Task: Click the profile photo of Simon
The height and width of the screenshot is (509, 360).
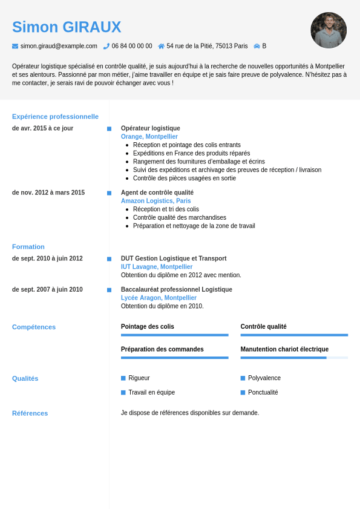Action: coord(329,30)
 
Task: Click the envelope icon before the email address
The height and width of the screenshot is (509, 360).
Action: coord(15,46)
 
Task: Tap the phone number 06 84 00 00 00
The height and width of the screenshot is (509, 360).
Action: coord(132,46)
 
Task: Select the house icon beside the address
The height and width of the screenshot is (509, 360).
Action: coord(161,46)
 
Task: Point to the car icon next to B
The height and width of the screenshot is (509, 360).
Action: coord(257,46)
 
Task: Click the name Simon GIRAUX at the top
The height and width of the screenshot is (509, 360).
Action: coord(67,27)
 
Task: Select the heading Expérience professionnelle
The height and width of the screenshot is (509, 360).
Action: coord(55,116)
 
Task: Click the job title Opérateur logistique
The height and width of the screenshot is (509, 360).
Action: coord(151,128)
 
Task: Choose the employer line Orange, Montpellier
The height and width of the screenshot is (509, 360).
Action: coord(149,137)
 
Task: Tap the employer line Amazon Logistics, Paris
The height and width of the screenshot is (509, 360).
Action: coord(155,201)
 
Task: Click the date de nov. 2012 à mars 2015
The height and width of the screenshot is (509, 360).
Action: coord(48,192)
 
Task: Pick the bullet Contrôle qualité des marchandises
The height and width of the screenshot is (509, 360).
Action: coord(180,217)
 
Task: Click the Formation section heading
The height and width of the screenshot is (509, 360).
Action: coord(28,246)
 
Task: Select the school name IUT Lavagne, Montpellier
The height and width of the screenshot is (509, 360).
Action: coord(157,267)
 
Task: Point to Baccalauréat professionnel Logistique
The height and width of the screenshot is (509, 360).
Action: coord(177,289)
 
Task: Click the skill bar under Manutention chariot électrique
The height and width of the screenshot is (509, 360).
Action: coord(294,358)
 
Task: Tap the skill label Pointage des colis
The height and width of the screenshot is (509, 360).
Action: coord(148,327)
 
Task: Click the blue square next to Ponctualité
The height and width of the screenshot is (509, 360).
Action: coord(243,392)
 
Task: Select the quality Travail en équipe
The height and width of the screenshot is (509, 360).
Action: coord(152,392)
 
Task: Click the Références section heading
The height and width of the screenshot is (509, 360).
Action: coord(30,413)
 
